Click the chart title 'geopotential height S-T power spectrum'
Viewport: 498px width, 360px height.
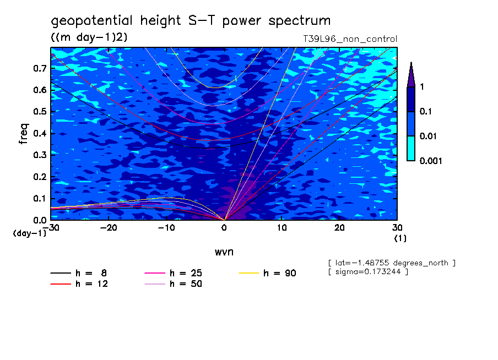[x=191, y=21]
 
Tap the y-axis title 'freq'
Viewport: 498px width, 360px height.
[x=24, y=134]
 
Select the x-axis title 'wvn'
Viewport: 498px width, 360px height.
[x=224, y=252]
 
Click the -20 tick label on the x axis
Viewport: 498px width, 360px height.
[x=108, y=227]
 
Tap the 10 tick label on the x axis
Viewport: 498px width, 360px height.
[x=282, y=227]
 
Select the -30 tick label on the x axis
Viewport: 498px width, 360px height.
[x=51, y=227]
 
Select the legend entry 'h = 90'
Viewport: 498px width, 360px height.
[x=279, y=273]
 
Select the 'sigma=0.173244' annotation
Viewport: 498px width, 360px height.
[x=367, y=272]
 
